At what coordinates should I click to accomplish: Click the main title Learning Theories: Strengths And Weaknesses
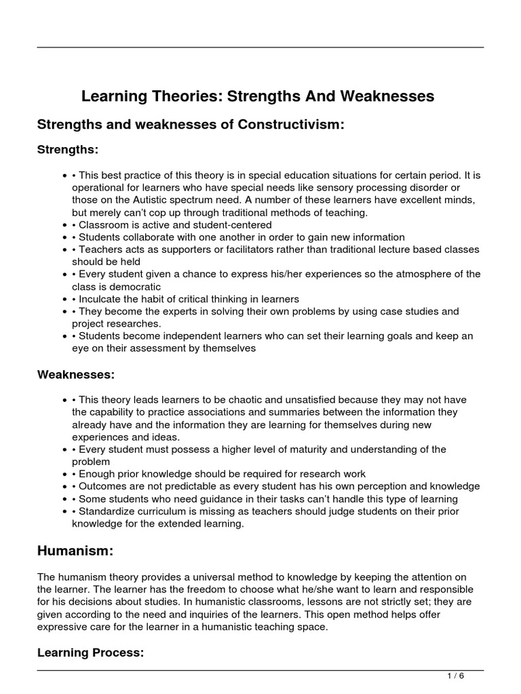(x=258, y=96)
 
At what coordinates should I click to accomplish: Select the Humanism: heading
(x=75, y=551)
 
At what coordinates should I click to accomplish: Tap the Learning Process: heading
(x=82, y=652)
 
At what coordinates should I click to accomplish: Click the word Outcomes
(x=102, y=486)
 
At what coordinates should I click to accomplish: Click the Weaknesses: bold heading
(x=76, y=374)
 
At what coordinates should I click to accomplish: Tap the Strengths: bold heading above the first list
(x=68, y=149)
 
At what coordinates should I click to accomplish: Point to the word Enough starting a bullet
(x=96, y=473)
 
